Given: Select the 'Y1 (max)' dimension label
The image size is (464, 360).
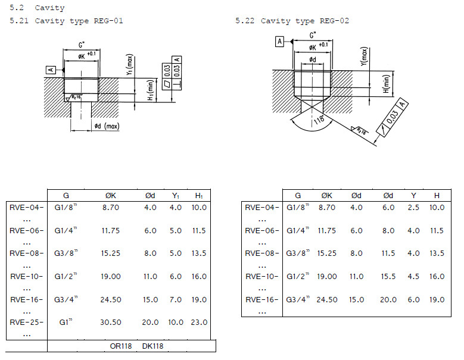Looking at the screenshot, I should pos(129,64).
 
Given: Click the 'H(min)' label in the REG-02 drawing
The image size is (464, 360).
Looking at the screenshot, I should pos(387,84).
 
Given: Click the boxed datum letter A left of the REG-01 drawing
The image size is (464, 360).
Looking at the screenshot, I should pos(51,70).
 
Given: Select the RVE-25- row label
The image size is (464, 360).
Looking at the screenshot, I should pos(26,323).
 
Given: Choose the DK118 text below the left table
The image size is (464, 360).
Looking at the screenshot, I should pos(152,346).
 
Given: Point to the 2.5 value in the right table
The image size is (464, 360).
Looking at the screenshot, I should pos(413,207).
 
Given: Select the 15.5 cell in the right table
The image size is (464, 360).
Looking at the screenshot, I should pos(388,277).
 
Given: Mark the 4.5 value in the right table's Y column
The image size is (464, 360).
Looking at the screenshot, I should pos(413,277).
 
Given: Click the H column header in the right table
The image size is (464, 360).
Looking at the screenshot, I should pos(437,195).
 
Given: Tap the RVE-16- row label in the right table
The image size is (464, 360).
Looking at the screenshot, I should pos(261,299).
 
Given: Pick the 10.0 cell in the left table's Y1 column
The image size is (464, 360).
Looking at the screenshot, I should pos(175,323).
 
